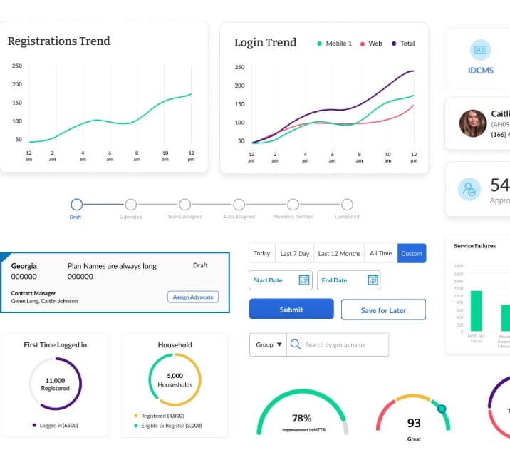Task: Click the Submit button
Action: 291,310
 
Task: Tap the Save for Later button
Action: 383,310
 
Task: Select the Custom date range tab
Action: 412,253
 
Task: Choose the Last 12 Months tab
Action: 339,253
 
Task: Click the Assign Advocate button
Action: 193,297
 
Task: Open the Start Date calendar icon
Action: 304,280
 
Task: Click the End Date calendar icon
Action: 373,280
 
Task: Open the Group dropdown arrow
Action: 279,344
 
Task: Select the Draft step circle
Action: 76,205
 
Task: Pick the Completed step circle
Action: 347,205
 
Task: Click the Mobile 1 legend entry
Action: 334,44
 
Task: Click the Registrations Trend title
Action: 58,41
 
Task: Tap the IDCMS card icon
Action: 480,50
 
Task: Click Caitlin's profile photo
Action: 473,123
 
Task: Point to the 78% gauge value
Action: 302,419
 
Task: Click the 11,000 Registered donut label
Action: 55,384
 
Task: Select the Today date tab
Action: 262,253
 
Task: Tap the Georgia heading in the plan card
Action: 24,266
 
